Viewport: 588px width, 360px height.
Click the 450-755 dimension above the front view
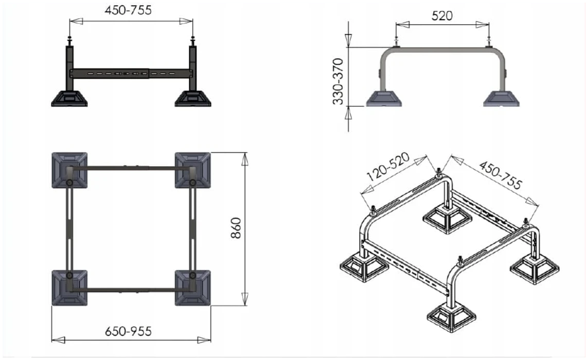coord(128,10)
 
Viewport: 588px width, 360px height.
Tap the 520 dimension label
coord(442,16)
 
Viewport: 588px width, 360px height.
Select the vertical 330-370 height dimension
coord(338,81)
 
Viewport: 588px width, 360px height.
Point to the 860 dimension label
coord(236,228)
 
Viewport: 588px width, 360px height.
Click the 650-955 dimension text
coord(128,332)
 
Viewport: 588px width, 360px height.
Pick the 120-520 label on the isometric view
coord(388,167)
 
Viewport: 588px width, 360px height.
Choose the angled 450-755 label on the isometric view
coord(500,175)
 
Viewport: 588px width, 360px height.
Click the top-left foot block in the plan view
coord(69,170)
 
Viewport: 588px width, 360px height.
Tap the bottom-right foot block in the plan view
coord(193,287)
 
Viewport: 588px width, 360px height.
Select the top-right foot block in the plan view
coord(193,170)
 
